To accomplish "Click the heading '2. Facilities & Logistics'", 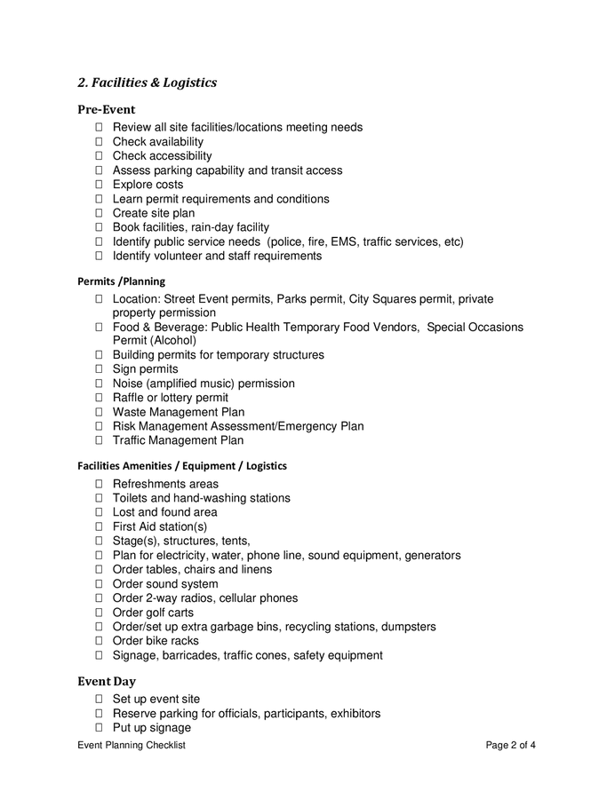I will [147, 83].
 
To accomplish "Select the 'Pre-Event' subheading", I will [106, 110].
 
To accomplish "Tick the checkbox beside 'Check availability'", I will [99, 142].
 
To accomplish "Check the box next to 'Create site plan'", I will [99, 213].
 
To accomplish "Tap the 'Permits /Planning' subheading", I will [121, 281].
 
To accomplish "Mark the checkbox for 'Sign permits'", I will [99, 369].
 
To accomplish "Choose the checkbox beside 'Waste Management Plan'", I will [99, 412].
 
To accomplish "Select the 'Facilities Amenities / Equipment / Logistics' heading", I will [182, 465].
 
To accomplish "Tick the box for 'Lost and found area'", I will [99, 512].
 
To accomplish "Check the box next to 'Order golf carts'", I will [99, 613].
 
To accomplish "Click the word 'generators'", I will [433, 556].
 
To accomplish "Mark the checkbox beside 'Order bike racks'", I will [99, 641].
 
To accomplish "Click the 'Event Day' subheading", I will [106, 682].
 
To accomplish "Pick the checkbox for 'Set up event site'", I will [99, 700].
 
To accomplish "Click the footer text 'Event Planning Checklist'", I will [132, 746].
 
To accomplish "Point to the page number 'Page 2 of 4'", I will [510, 746].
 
